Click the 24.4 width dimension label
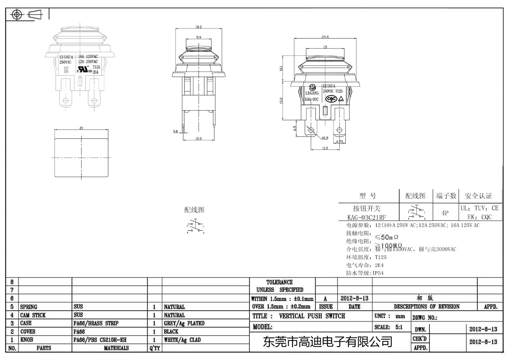click(x=325, y=37)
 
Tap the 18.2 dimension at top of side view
click(x=199, y=27)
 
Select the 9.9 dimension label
click(x=199, y=38)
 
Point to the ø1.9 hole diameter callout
click(x=325, y=138)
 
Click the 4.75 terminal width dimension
click(x=339, y=142)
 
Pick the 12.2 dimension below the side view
click(x=199, y=138)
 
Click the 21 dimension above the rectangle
click(x=81, y=128)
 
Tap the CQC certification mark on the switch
click(x=331, y=99)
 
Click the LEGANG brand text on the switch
click(x=312, y=93)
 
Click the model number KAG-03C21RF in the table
click(x=366, y=217)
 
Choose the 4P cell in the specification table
click(x=445, y=213)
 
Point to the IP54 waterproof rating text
click(x=378, y=273)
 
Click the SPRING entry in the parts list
click(x=29, y=307)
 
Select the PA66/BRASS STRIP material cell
click(x=96, y=323)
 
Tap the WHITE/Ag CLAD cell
click(x=182, y=340)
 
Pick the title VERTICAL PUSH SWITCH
click(x=312, y=316)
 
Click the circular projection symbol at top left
click(x=17, y=15)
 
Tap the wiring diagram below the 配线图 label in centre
click(x=195, y=226)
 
